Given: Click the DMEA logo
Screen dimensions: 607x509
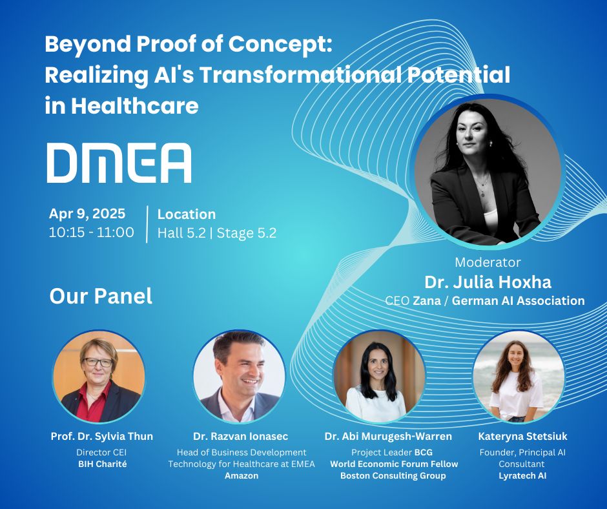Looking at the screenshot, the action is (x=119, y=163).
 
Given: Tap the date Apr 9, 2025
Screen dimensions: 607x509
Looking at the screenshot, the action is (x=87, y=213).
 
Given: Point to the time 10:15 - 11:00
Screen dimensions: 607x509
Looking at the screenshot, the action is (x=91, y=233).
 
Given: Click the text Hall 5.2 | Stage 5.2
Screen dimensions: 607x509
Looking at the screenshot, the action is (x=217, y=233).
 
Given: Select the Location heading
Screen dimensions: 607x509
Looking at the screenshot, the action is (x=186, y=214).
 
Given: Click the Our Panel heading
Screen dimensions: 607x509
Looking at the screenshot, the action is (x=101, y=296).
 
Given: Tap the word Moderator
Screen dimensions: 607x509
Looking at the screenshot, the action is (x=488, y=262).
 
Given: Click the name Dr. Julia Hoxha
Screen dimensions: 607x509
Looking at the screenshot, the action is (x=488, y=282).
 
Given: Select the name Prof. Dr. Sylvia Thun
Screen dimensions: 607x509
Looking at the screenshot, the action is (x=102, y=436).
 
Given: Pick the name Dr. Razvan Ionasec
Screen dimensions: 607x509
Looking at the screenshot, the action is (x=240, y=436).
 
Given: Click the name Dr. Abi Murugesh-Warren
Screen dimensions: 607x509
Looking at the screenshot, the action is (x=388, y=436).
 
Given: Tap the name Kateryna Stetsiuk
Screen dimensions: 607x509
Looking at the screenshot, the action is (x=522, y=436).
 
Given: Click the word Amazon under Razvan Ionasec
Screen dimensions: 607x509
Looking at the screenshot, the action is (x=242, y=475).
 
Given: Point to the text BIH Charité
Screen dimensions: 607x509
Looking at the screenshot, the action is (x=103, y=464).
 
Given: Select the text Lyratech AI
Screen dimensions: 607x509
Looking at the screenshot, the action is (x=522, y=475).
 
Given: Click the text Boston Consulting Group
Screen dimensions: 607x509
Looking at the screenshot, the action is (x=393, y=475).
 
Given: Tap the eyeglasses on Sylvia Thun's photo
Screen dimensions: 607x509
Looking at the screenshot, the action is (x=98, y=362).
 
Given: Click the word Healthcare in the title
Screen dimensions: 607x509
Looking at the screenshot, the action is (x=135, y=105).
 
